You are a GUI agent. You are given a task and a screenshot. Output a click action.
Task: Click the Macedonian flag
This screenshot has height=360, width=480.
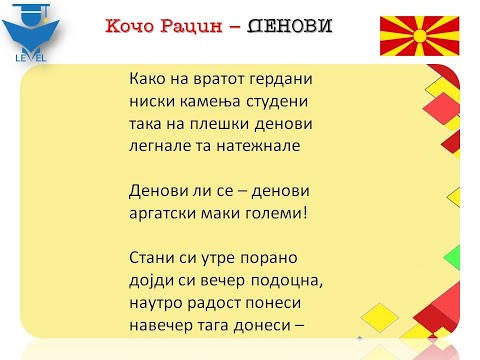pyautogui.click(x=419, y=35)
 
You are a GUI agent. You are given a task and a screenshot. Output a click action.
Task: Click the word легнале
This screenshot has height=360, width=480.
pyautogui.click(x=162, y=145)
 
